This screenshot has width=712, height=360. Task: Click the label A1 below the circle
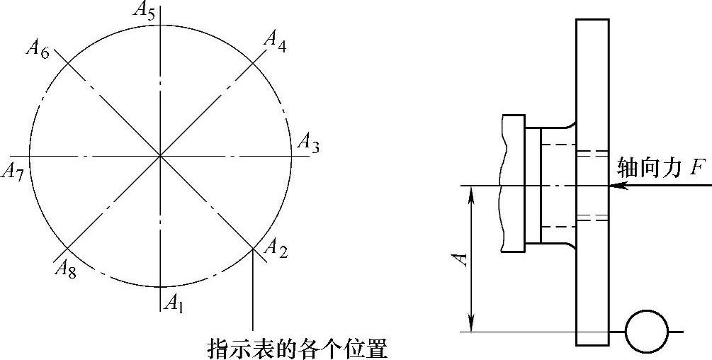pos(174,304)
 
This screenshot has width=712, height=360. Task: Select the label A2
pos(275,247)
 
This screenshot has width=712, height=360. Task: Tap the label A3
pos(308,143)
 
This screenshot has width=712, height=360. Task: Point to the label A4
pos(275,38)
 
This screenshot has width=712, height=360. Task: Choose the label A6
pos(37,49)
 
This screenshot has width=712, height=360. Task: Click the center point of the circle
pos(161,155)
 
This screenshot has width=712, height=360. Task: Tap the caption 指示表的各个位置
pos(297,348)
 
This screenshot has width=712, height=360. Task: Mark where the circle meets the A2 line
pos(253,248)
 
